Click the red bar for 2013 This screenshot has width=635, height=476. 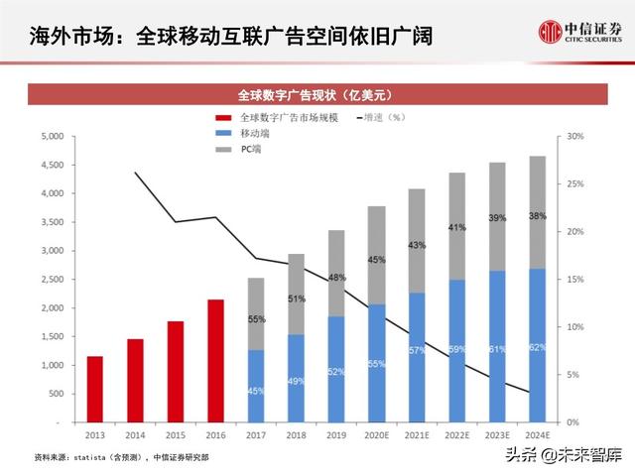click(x=95, y=389)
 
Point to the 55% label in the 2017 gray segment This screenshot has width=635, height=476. click(x=256, y=319)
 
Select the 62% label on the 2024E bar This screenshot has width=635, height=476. click(x=536, y=347)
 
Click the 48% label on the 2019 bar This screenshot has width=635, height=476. click(x=336, y=278)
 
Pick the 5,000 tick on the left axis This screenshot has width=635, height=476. click(x=52, y=136)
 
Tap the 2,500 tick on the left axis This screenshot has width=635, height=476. click(x=52, y=280)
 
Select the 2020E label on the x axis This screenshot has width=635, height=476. click(x=376, y=434)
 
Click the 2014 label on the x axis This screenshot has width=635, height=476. click(x=135, y=434)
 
